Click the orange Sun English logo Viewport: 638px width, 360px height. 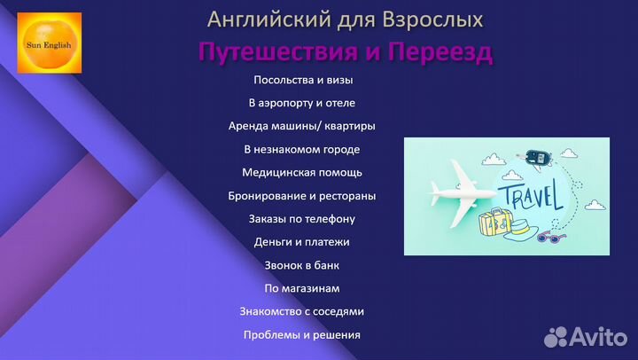point(50,43)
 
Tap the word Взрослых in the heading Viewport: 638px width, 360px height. point(434,19)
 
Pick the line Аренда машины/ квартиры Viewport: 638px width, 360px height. point(302,126)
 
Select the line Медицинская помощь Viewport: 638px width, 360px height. point(302,172)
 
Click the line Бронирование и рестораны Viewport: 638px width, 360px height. point(302,195)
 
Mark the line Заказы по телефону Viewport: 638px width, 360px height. point(302,218)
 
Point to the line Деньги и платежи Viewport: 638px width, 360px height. point(302,241)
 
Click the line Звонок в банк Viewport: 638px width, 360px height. point(302,264)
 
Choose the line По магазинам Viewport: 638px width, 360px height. point(302,288)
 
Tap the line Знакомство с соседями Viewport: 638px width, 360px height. point(302,311)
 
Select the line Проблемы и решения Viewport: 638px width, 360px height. point(302,334)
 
